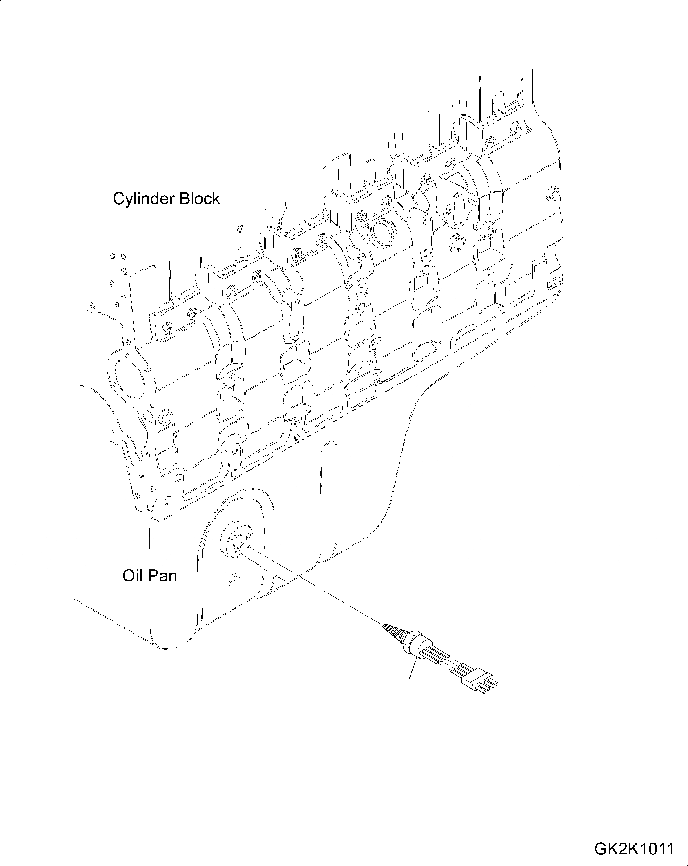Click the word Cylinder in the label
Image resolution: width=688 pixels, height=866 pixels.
(x=144, y=199)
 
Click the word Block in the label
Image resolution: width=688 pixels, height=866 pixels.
(x=200, y=198)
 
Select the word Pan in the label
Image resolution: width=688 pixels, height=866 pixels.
(x=162, y=576)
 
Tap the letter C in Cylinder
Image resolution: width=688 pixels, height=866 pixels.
(x=118, y=199)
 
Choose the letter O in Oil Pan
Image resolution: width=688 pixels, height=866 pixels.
(x=128, y=576)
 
